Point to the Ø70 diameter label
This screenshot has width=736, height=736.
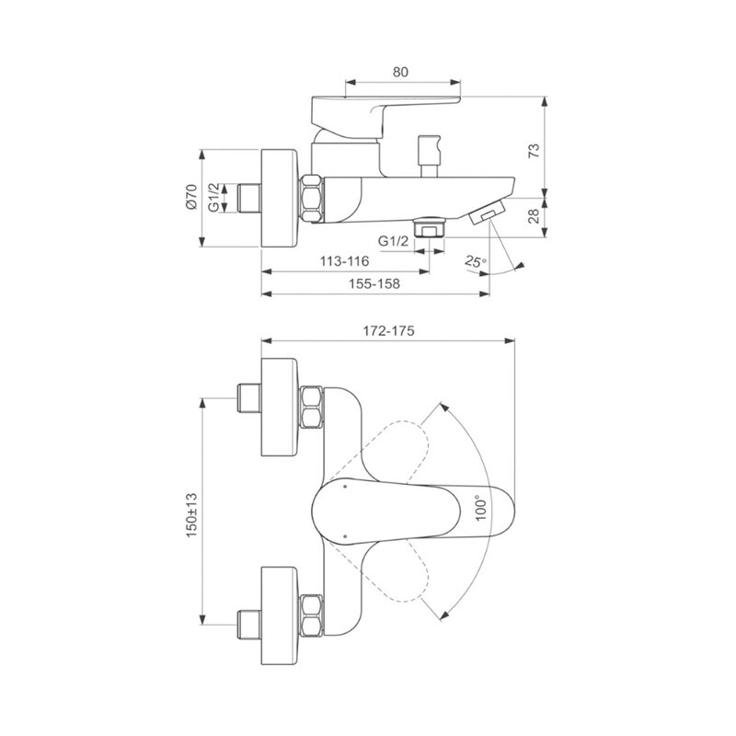point(191,197)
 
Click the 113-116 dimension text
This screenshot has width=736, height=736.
point(345,261)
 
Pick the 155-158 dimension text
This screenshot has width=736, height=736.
point(375,284)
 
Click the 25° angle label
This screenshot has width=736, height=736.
point(477,261)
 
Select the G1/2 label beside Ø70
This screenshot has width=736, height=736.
point(213,197)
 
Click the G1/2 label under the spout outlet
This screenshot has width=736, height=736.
point(393,240)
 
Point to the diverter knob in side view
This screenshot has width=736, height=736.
point(428,147)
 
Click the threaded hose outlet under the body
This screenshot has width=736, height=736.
point(430,226)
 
